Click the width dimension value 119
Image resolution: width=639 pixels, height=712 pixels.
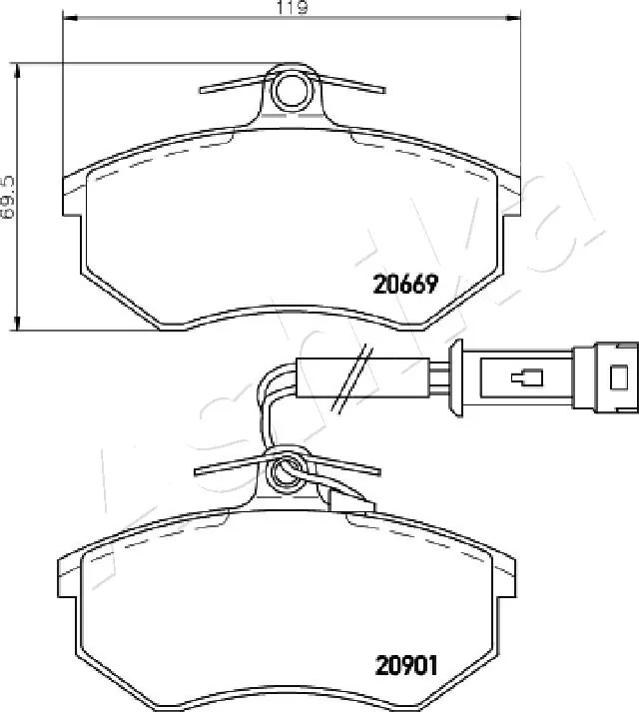tap(293, 7)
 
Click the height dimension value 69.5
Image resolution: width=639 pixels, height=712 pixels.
tap(8, 198)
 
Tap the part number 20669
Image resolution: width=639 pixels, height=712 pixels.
tap(405, 285)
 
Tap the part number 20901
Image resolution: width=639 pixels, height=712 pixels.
tap(405, 666)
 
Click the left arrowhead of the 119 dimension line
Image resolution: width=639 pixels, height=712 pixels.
tap(70, 18)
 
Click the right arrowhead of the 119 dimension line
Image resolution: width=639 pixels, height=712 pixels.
tap(513, 18)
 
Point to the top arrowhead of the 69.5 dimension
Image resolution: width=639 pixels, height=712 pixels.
tap(18, 71)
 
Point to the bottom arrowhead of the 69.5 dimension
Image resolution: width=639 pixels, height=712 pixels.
tap(18, 323)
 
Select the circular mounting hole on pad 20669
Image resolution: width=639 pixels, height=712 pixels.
tap(291, 90)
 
